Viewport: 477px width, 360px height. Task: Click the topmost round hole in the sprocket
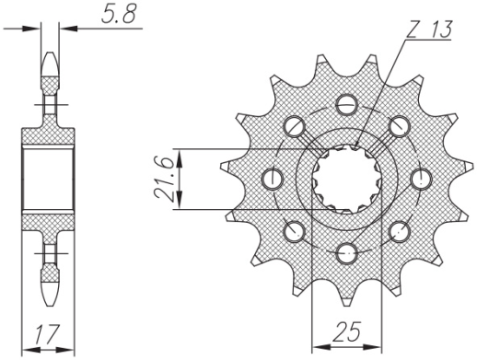[345, 101]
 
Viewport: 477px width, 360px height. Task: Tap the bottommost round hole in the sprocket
[345, 251]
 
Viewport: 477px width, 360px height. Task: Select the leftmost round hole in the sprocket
[271, 176]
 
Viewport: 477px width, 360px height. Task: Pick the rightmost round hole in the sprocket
[421, 176]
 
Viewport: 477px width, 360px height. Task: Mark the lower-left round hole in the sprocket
[293, 229]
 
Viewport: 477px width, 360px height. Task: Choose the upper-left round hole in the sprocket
[293, 123]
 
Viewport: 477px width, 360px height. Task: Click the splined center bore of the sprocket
[345, 177]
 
